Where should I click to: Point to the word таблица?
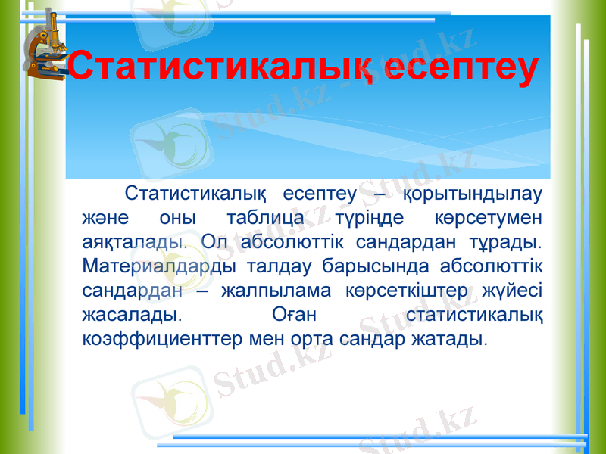(265, 219)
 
